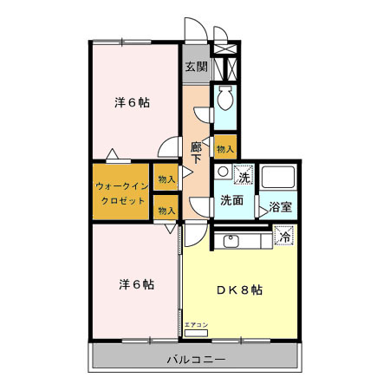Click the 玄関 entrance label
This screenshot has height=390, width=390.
pyautogui.click(x=196, y=66)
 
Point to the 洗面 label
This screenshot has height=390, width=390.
pyautogui.click(x=231, y=201)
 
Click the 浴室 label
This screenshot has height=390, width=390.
pyautogui.click(x=278, y=207)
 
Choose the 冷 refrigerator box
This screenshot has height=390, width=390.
pyautogui.click(x=283, y=234)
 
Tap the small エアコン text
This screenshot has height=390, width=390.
pyautogui.click(x=196, y=324)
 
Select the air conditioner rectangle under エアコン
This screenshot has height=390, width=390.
pyautogui.click(x=197, y=332)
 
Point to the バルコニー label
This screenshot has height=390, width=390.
pyautogui.click(x=197, y=358)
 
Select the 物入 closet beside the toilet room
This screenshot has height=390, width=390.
pyautogui.click(x=224, y=149)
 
